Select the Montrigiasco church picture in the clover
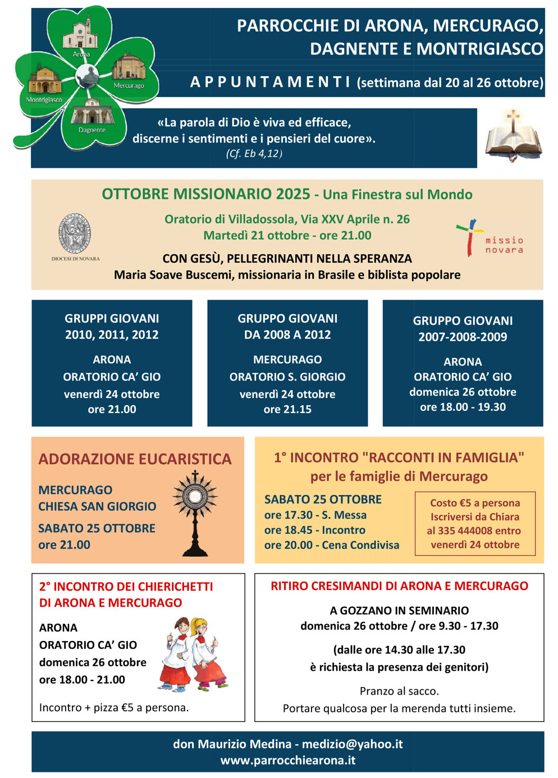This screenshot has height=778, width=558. click(44, 81)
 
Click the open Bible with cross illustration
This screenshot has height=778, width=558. click(513, 136)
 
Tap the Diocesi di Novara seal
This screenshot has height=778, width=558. click(75, 234)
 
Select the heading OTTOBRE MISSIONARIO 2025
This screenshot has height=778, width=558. click(206, 194)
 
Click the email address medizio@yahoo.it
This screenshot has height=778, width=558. click(352, 744)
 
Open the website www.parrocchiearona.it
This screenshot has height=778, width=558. click(287, 761)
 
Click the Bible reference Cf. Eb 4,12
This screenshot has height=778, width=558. click(254, 154)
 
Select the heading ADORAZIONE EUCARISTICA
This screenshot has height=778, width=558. click(135, 459)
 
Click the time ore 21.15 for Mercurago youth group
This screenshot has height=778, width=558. click(287, 409)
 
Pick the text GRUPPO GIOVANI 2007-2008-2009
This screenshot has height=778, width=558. click(463, 328)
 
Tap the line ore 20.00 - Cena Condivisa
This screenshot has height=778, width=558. click(332, 545)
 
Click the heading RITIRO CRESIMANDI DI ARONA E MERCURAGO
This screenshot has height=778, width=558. click(399, 586)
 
